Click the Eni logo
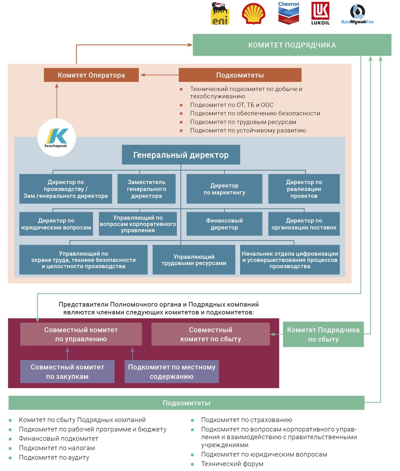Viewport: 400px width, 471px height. point(220,13)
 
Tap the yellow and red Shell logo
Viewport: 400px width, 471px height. point(253,13)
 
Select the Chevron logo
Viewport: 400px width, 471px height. point(289,13)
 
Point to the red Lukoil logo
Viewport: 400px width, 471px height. point(320,13)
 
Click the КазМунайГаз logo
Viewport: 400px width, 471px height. point(357,14)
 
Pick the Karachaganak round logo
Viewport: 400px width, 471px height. point(57,138)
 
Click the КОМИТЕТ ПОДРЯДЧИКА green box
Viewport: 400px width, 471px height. point(292,45)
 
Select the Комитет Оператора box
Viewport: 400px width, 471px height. point(91,75)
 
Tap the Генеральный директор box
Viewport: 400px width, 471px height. point(181,155)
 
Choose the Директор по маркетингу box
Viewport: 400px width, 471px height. point(224,189)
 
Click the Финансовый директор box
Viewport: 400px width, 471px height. point(224,224)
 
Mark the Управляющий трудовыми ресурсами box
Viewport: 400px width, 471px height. point(194,259)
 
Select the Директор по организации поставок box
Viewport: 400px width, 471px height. point(304,224)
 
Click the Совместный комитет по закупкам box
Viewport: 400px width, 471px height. point(67,372)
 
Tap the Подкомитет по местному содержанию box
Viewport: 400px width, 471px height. point(172,372)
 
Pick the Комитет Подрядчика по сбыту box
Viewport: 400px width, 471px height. point(323,334)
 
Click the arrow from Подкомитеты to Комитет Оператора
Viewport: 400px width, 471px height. point(159,75)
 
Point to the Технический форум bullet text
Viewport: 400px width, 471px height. point(232,464)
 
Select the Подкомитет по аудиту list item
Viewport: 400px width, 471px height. point(54,458)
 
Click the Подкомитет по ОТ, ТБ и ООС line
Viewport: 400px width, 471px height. point(232,105)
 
